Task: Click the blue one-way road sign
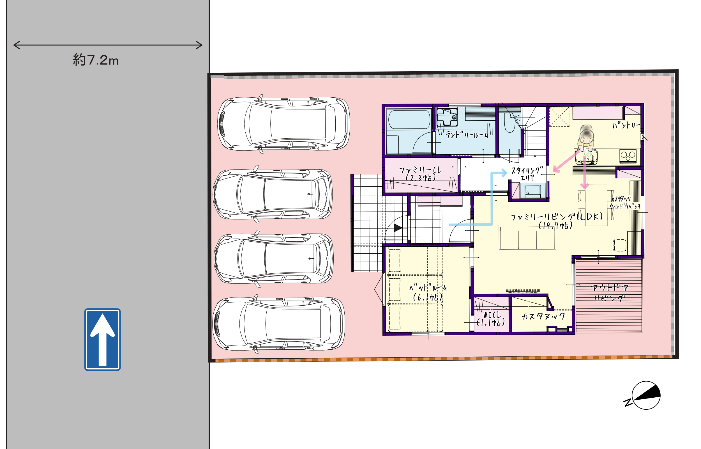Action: coord(103,339)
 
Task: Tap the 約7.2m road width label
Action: coord(96,60)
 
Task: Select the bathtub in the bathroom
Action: coord(409,119)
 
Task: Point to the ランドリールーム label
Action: coord(467,135)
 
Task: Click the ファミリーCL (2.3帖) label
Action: coord(420,174)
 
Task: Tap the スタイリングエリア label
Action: coord(527,174)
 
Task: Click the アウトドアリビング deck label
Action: coord(609,293)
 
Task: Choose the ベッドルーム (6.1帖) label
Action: coord(428,292)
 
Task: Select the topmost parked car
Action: coord(284,124)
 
